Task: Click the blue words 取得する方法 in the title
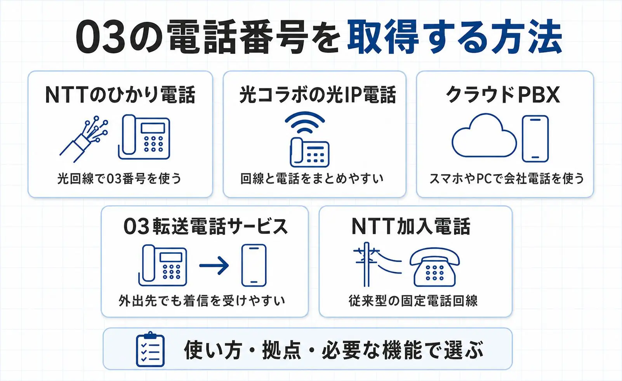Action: coord(455,36)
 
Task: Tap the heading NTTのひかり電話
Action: coord(120,95)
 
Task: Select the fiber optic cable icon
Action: coord(84,139)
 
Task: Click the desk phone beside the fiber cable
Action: coord(144,137)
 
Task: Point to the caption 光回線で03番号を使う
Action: coord(120,178)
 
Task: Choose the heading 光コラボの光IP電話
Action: coord(318,95)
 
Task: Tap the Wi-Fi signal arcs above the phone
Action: coord(305,122)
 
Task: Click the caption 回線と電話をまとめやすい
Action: coord(312,178)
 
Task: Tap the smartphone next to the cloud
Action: coord(535,139)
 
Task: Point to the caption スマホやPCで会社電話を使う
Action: coord(506,178)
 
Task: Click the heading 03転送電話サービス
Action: coord(206,227)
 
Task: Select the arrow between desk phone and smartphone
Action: coord(214,265)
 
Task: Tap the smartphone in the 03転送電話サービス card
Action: coord(254,265)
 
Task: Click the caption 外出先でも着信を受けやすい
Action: coord(202,301)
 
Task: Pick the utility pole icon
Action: coord(367,264)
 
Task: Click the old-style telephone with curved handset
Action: coord(434,267)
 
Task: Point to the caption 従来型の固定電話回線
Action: coord(413,301)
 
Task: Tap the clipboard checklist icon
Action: coord(150,349)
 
